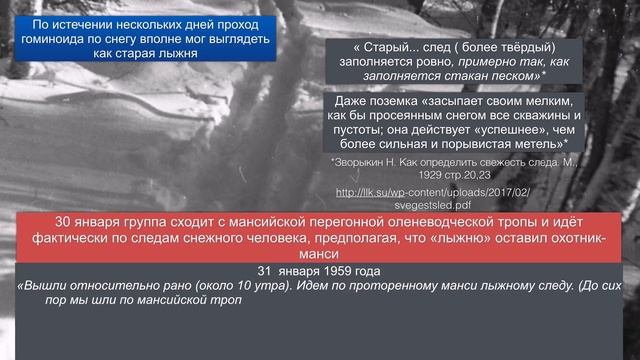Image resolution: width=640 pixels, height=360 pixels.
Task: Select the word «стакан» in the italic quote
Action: pos(470,75)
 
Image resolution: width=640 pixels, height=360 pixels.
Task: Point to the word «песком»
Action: pos(520,75)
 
